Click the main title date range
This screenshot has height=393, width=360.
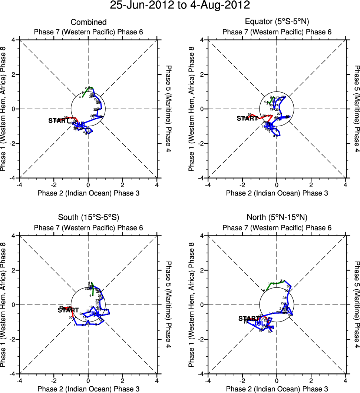(x=180, y=6)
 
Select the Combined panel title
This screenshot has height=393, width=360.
(x=88, y=22)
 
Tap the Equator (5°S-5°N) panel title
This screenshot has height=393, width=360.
(x=277, y=22)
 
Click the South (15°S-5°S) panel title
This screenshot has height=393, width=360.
(x=88, y=217)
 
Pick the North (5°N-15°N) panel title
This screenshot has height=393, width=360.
(x=277, y=217)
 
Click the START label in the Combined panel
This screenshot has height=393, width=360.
(x=59, y=121)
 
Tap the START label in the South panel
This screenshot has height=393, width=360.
(x=68, y=310)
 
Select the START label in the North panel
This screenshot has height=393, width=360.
(x=249, y=319)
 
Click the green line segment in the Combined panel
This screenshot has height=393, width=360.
(x=85, y=92)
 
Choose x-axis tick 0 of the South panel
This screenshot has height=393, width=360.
(x=88, y=380)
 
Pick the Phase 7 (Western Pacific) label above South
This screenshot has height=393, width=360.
(x=73, y=228)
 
